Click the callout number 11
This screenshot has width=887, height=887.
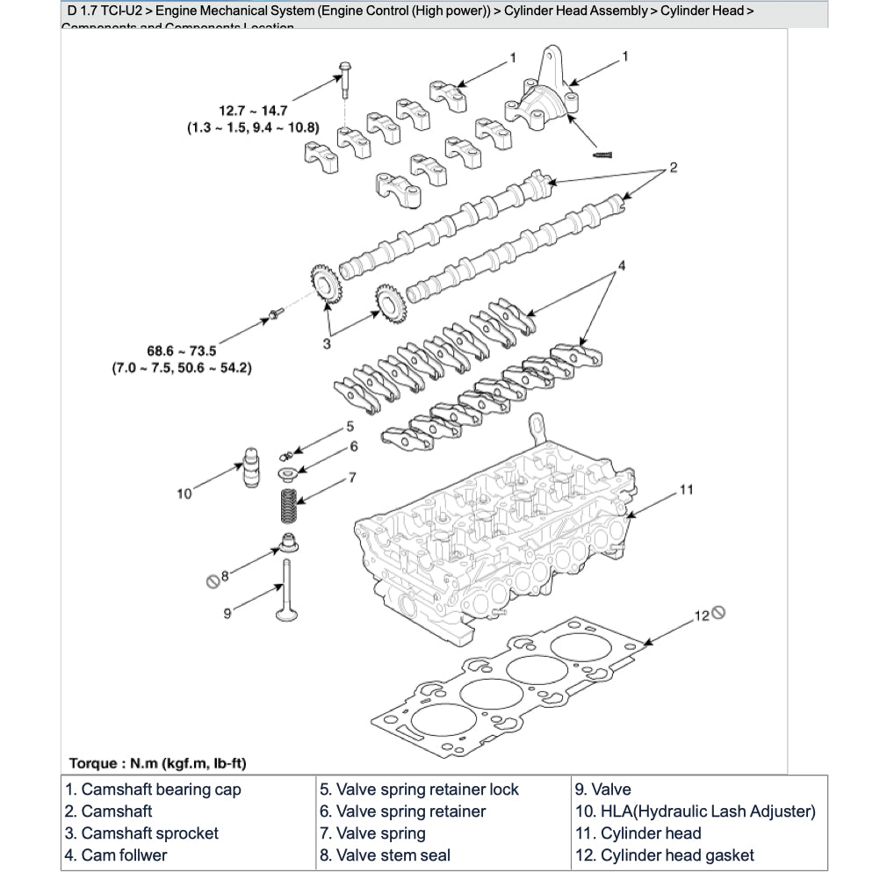pyautogui.click(x=687, y=489)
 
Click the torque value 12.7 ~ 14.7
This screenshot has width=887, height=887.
pyautogui.click(x=253, y=111)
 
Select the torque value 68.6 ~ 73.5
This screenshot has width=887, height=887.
pyautogui.click(x=182, y=350)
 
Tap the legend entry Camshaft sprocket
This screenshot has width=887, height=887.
pyautogui.click(x=141, y=833)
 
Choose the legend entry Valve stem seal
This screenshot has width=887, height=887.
pyautogui.click(x=385, y=855)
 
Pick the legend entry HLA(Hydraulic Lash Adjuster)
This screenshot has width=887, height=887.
pyautogui.click(x=696, y=811)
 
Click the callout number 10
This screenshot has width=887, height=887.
pyautogui.click(x=184, y=494)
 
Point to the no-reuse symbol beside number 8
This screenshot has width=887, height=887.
pyautogui.click(x=211, y=579)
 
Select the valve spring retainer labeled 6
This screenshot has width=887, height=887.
pyautogui.click(x=287, y=473)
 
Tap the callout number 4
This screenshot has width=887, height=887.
pyautogui.click(x=621, y=263)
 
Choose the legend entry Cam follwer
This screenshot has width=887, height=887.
pyautogui.click(x=115, y=855)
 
